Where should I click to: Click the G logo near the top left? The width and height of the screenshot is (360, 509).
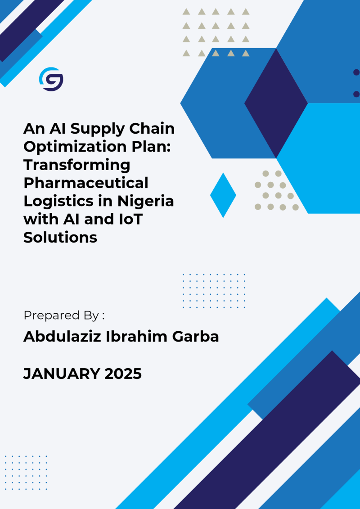pos(51,79)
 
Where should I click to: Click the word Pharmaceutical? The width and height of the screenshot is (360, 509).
pos(85,183)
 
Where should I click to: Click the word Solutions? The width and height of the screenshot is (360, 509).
pos(60,238)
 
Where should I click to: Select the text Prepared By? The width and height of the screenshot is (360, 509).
pos(61,316)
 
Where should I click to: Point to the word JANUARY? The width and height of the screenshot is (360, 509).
pos(62,374)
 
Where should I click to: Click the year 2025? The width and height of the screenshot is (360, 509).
pos(123,374)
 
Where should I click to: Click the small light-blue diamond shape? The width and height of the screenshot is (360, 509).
pos(223,195)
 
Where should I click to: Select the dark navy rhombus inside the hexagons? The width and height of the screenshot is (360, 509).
pos(276,103)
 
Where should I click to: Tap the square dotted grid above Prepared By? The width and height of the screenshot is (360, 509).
pos(214,291)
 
